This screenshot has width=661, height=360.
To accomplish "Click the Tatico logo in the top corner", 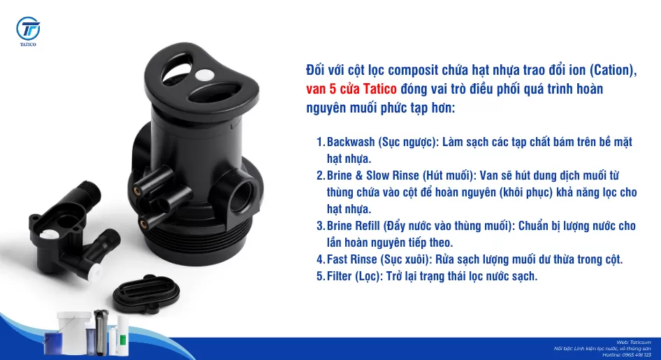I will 29,31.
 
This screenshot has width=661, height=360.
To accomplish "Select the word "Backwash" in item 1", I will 351,142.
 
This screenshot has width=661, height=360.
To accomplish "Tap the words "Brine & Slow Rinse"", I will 373,175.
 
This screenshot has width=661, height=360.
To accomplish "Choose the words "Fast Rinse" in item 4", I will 352,259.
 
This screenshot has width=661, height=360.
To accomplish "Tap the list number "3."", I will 321,226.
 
